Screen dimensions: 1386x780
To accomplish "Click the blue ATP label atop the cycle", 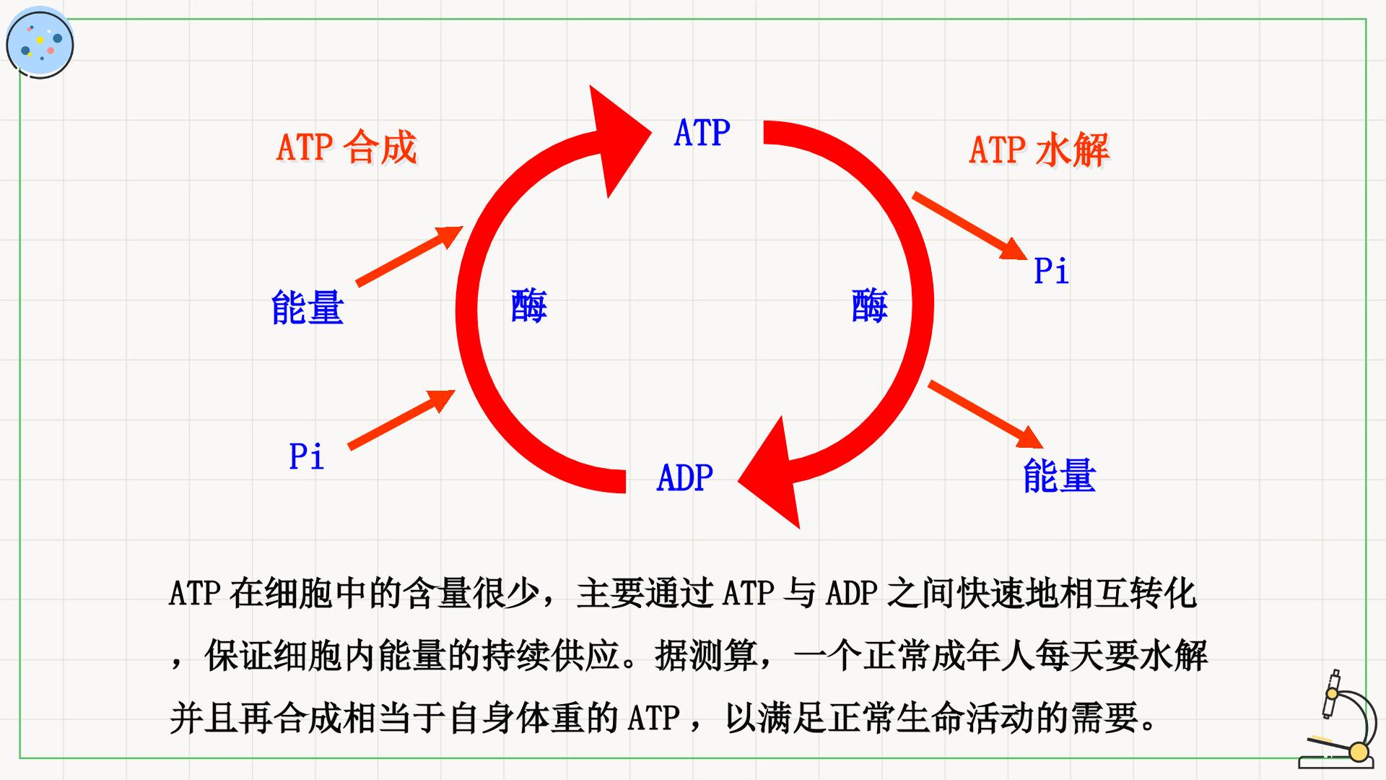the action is coord(702,134).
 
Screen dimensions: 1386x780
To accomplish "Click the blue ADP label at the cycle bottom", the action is coord(684,477).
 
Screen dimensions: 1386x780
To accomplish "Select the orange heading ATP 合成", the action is coord(346,147).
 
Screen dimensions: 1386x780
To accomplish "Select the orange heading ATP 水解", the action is coord(1039,149).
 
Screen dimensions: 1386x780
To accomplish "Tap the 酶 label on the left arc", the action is coord(528,305).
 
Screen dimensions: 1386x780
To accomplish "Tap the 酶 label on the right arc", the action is coord(869,305).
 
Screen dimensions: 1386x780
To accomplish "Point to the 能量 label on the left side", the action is coord(308,307).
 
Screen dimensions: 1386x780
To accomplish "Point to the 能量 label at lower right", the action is coord(1059,475).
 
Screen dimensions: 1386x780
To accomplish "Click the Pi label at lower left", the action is coord(306,456).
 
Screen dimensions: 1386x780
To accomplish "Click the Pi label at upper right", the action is coord(1051,271).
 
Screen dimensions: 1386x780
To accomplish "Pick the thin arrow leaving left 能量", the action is coord(409,256).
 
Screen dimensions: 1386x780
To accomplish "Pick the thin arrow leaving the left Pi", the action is coord(401,420).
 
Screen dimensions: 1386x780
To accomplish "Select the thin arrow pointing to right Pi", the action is coord(969,226).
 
